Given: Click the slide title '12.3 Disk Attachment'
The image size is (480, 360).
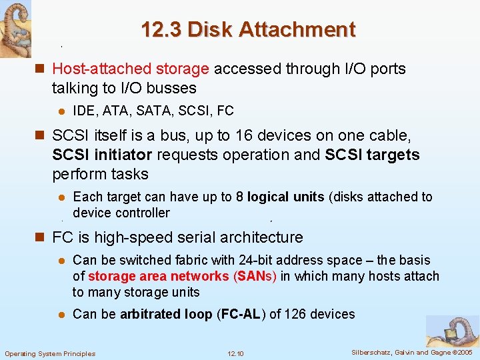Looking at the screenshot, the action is pyautogui.click(x=248, y=30).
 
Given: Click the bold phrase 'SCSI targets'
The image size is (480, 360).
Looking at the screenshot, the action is pyautogui.click(x=372, y=155).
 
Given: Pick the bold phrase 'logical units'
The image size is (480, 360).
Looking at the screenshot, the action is pyautogui.click(x=285, y=197).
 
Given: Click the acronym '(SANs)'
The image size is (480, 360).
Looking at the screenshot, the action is pyautogui.click(x=255, y=277).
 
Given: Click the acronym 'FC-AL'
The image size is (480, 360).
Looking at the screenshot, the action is pyautogui.click(x=241, y=314).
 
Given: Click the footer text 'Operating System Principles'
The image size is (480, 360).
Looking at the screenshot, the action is pyautogui.click(x=50, y=353).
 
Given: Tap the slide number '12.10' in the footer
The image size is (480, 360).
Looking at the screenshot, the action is pyautogui.click(x=235, y=353).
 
